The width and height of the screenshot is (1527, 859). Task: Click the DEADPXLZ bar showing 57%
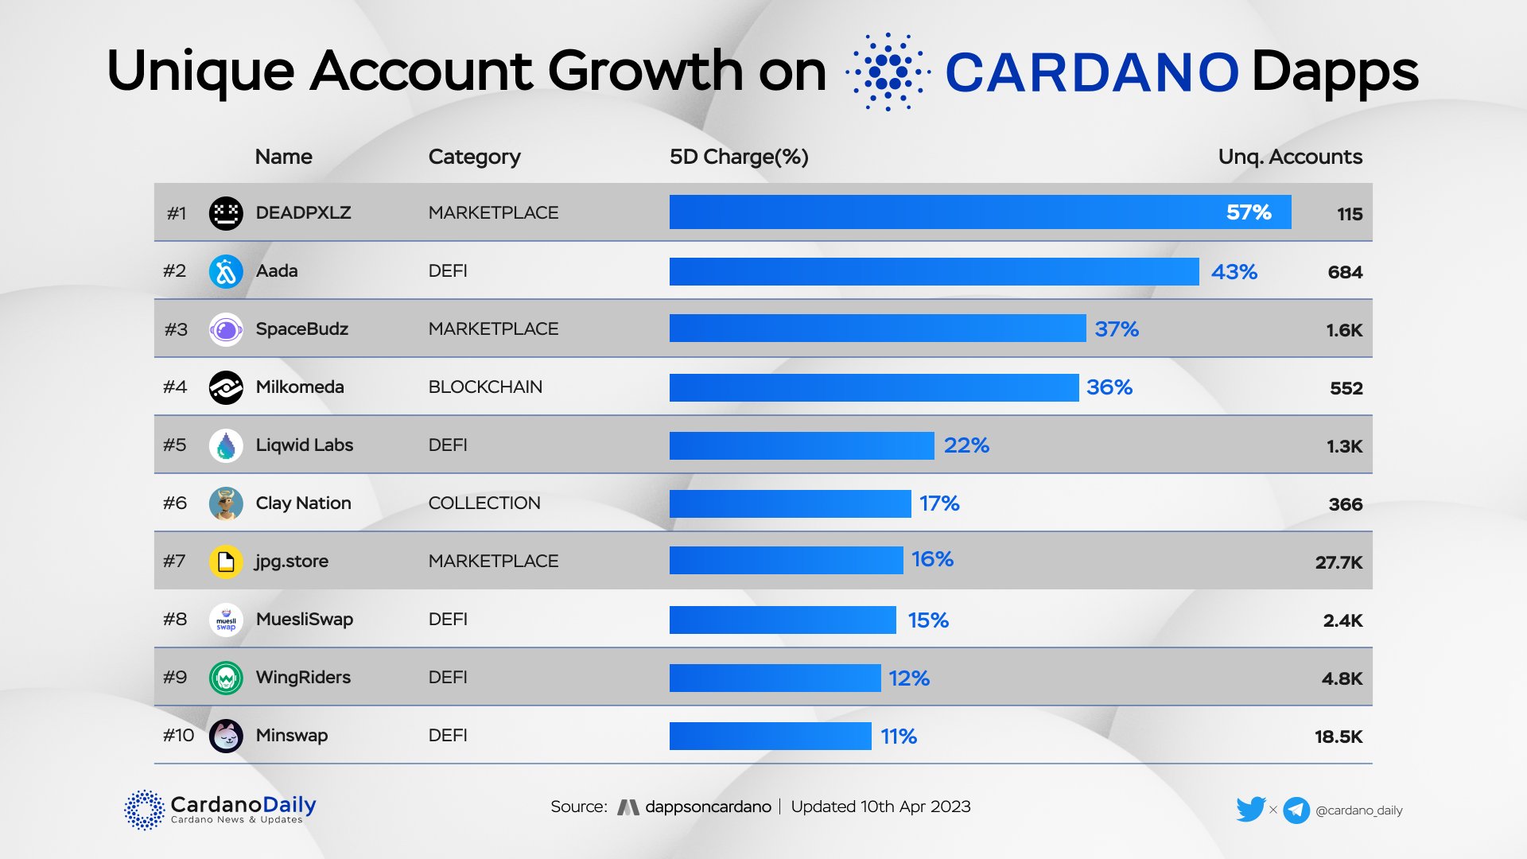pyautogui.click(x=980, y=212)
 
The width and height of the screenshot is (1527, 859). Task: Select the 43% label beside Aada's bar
pyautogui.click(x=1234, y=272)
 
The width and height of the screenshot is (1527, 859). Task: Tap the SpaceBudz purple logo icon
pyautogui.click(x=226, y=329)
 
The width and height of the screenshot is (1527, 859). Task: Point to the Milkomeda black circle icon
pyautogui.click(x=226, y=387)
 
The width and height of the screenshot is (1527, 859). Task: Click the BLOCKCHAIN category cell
pyautogui.click(x=485, y=387)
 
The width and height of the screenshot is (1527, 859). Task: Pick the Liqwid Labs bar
pyautogui.click(x=802, y=445)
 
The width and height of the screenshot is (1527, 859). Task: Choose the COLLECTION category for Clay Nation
pyautogui.click(x=484, y=503)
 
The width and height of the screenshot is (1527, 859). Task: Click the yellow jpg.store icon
pyautogui.click(x=226, y=562)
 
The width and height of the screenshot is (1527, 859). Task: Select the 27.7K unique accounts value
pyautogui.click(x=1339, y=562)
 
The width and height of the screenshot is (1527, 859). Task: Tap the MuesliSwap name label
pyautogui.click(x=305, y=620)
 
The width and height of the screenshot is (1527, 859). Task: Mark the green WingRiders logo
pyautogui.click(x=226, y=678)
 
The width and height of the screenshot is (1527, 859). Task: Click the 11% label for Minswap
pyautogui.click(x=899, y=737)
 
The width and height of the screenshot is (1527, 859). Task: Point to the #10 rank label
pyautogui.click(x=178, y=736)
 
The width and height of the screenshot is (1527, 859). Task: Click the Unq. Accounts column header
pyautogui.click(x=1290, y=157)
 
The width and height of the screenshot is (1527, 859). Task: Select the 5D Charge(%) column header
pyautogui.click(x=739, y=157)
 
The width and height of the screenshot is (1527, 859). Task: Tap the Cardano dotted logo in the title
pyautogui.click(x=888, y=72)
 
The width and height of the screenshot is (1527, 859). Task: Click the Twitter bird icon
pyautogui.click(x=1250, y=810)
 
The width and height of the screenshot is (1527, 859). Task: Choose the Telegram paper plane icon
pyautogui.click(x=1296, y=810)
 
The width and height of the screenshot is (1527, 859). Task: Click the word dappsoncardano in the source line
pyautogui.click(x=708, y=807)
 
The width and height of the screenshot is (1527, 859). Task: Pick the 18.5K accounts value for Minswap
pyautogui.click(x=1339, y=737)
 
